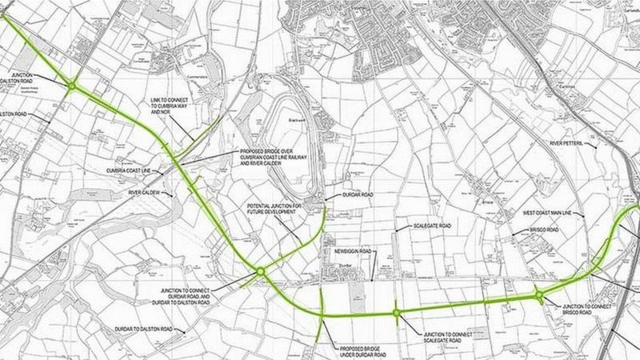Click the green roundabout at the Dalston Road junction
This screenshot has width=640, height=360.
[71, 86]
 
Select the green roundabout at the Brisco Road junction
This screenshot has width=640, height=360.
[540, 297]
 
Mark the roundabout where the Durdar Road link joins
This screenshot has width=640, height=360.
[261, 273]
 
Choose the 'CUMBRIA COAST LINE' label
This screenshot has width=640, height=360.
[131, 170]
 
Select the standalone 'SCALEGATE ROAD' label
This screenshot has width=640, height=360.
[433, 226]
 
